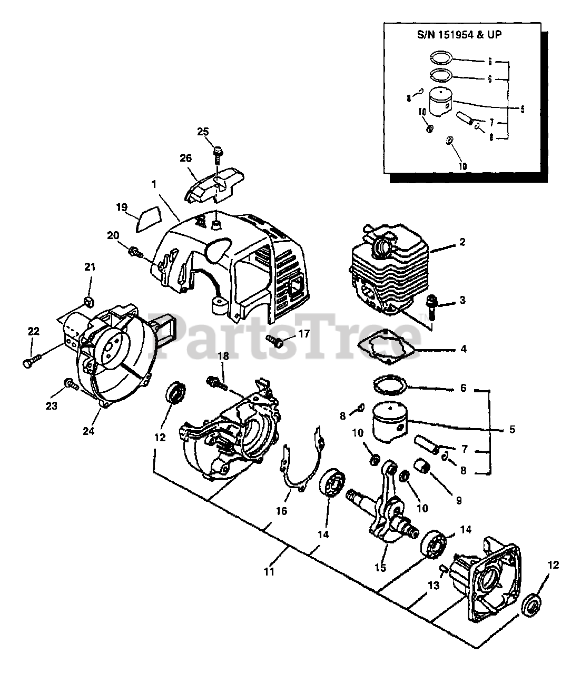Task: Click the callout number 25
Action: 203,132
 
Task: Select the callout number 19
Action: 122,207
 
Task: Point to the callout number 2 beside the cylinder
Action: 462,242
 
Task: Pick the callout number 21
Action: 90,267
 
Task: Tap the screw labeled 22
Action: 32,361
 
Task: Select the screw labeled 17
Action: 274,341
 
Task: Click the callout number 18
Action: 223,356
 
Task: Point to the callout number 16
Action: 281,511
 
